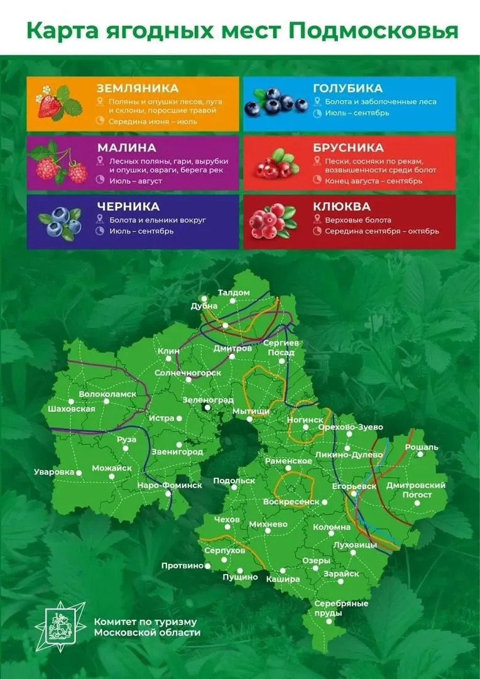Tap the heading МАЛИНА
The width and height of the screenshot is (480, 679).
tap(126, 148)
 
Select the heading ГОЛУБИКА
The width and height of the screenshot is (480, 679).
tap(347, 88)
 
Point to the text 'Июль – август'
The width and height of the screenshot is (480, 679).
tap(136, 181)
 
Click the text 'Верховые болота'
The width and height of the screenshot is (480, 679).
tap(357, 220)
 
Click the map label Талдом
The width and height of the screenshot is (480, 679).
tap(234, 292)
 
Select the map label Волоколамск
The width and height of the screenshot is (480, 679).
tap(107, 394)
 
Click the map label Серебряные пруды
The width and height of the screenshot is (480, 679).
tap(341, 608)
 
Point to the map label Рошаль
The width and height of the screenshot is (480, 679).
tap(422, 447)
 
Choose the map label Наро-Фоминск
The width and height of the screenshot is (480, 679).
tap(170, 485)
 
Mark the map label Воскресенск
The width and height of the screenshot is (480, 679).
tap(291, 502)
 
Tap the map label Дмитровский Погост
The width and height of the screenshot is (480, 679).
tap(416, 490)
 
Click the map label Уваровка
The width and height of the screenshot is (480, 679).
tap(53, 472)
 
